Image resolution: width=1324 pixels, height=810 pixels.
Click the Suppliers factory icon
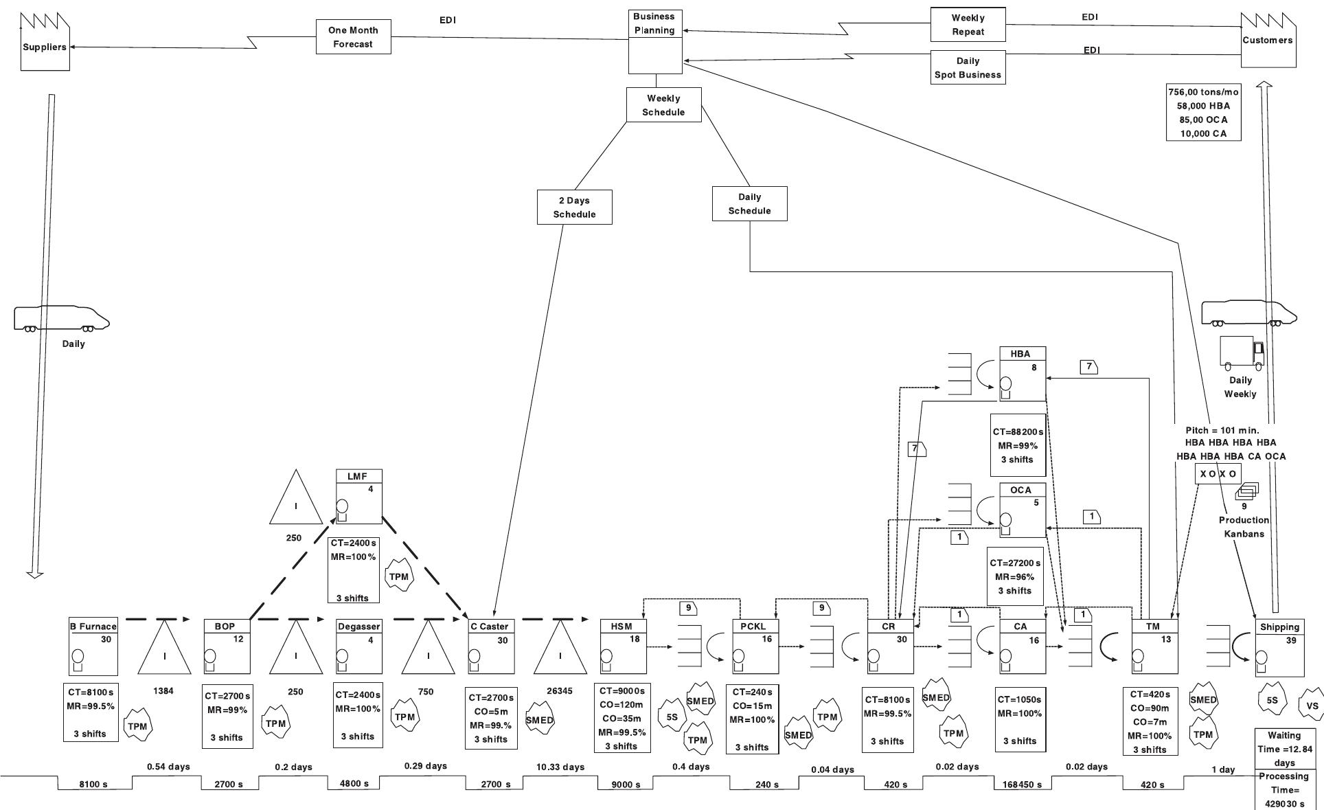tap(45, 43)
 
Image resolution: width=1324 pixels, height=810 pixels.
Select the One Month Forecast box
tap(353, 37)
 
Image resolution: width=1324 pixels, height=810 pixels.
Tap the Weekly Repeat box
tap(968, 25)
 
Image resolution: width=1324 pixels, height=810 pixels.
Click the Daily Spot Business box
tap(968, 67)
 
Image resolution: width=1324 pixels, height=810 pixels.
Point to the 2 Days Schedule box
tap(574, 207)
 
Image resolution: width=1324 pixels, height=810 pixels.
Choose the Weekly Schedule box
tap(663, 105)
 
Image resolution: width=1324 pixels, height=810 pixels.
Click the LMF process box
tap(358, 497)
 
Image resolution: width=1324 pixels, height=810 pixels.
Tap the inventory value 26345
tap(559, 691)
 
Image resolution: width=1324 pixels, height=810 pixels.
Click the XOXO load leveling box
tap(1218, 474)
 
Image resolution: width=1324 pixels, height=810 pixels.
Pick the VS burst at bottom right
tap(1312, 706)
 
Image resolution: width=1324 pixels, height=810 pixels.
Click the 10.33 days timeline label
tap(561, 767)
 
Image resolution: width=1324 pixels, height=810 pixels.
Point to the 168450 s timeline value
tap(1022, 785)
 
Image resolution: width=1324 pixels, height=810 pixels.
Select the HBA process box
tap(1022, 374)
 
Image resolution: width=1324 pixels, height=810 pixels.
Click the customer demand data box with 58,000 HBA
tap(1203, 113)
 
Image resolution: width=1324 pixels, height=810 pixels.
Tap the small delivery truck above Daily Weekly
tap(1241, 352)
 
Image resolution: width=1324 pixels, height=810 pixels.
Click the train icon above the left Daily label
tap(62, 318)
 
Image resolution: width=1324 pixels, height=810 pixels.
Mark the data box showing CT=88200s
tap(1018, 445)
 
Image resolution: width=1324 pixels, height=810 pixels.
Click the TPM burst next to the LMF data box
tap(399, 576)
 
